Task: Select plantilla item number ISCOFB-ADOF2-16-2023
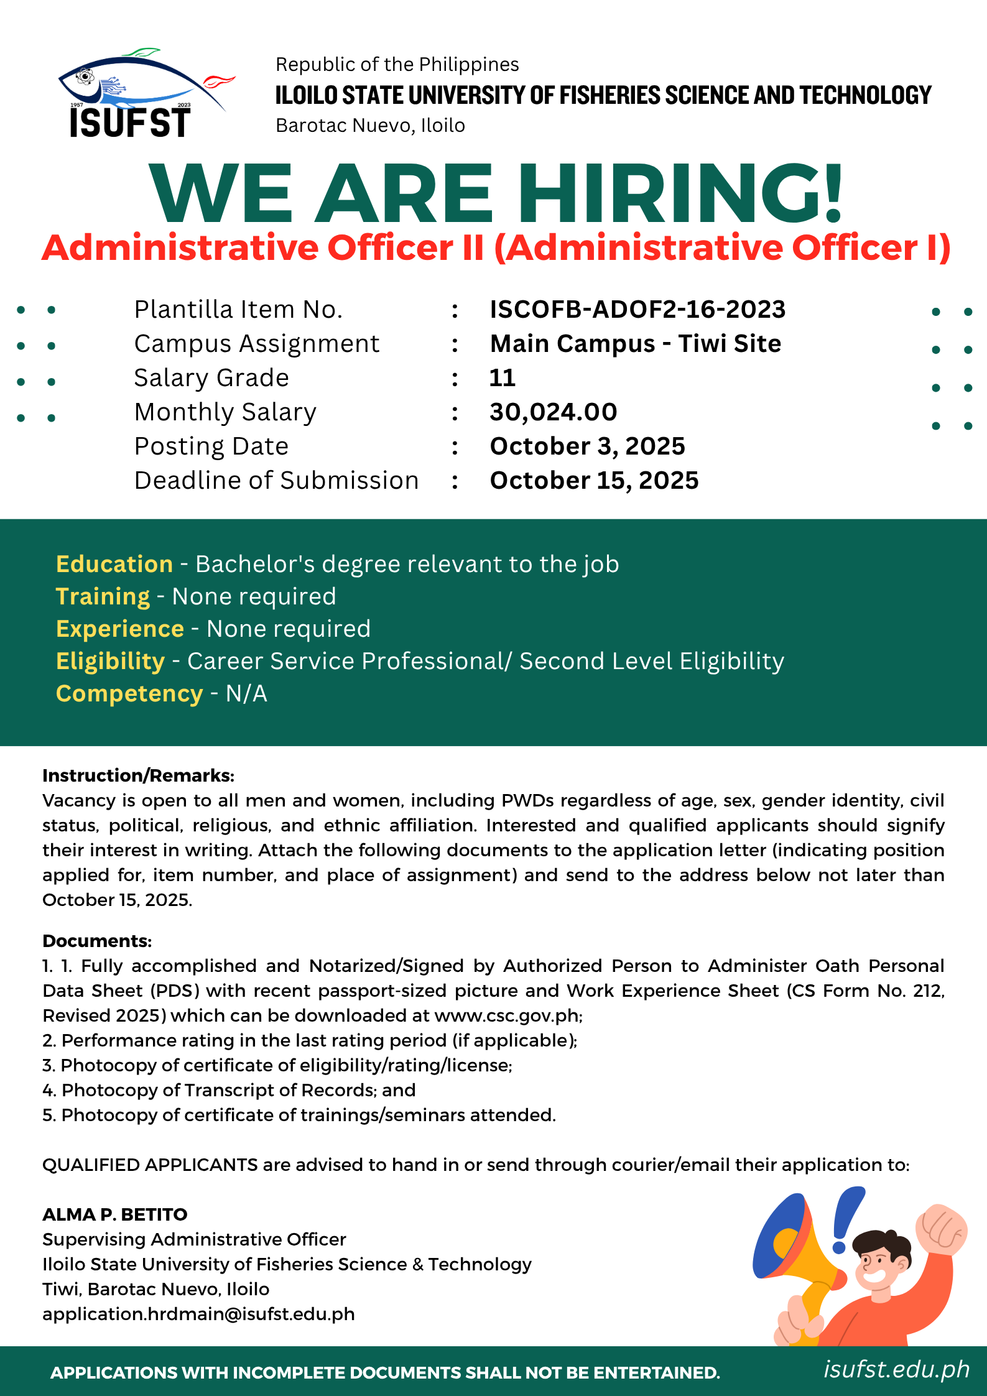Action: point(637,309)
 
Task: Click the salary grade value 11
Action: point(503,377)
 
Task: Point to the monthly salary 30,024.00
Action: point(553,412)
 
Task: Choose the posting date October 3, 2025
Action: point(587,446)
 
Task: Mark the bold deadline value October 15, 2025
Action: point(594,480)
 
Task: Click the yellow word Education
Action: point(114,564)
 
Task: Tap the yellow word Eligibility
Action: point(110,661)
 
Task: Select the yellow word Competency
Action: point(129,693)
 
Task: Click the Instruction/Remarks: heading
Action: point(138,775)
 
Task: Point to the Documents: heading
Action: point(97,941)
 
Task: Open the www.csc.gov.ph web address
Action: point(507,1015)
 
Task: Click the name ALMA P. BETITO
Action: point(115,1214)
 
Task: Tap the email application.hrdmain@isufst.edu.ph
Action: point(198,1314)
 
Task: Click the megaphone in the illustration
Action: point(793,1250)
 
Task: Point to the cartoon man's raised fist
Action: point(941,1228)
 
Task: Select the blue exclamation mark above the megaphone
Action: point(846,1219)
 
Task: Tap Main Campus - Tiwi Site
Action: point(635,343)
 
